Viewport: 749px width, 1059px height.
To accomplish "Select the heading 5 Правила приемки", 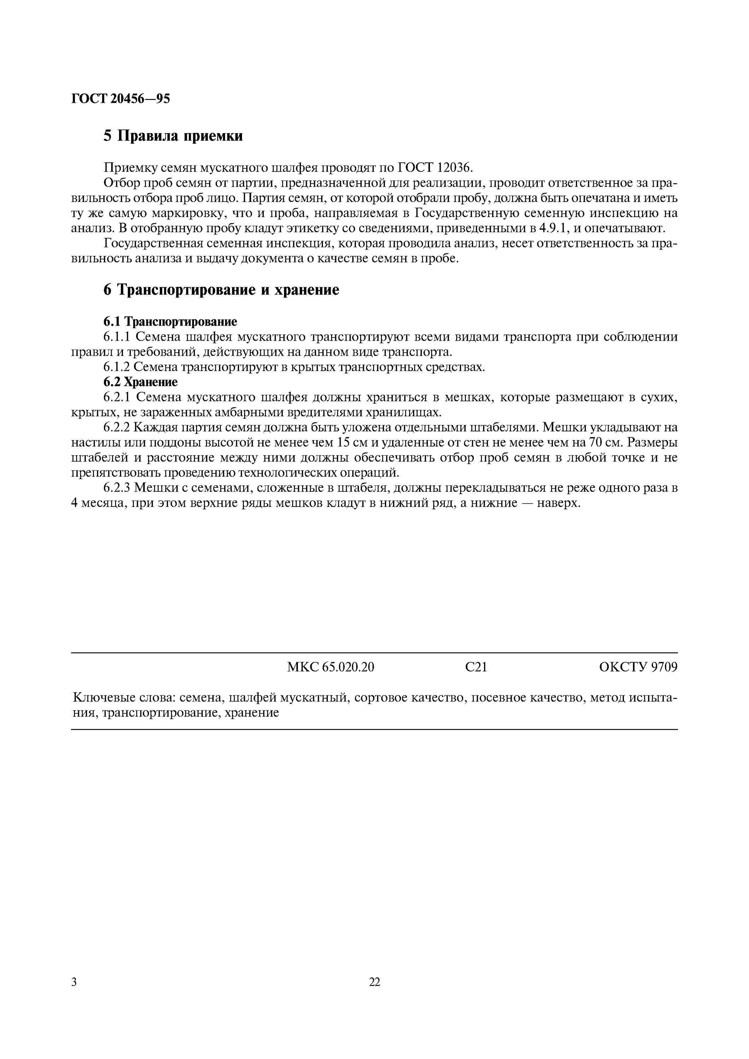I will tap(173, 136).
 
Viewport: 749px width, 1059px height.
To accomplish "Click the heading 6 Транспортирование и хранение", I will tap(221, 290).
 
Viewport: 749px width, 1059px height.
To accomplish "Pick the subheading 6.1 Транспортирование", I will tap(170, 322).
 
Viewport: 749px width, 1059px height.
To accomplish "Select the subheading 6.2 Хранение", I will tap(140, 382).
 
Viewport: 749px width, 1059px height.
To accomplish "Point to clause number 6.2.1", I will tap(117, 397).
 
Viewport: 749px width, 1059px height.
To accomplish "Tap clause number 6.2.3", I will tap(117, 488).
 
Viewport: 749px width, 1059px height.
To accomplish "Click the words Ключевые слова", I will tap(124, 698).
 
